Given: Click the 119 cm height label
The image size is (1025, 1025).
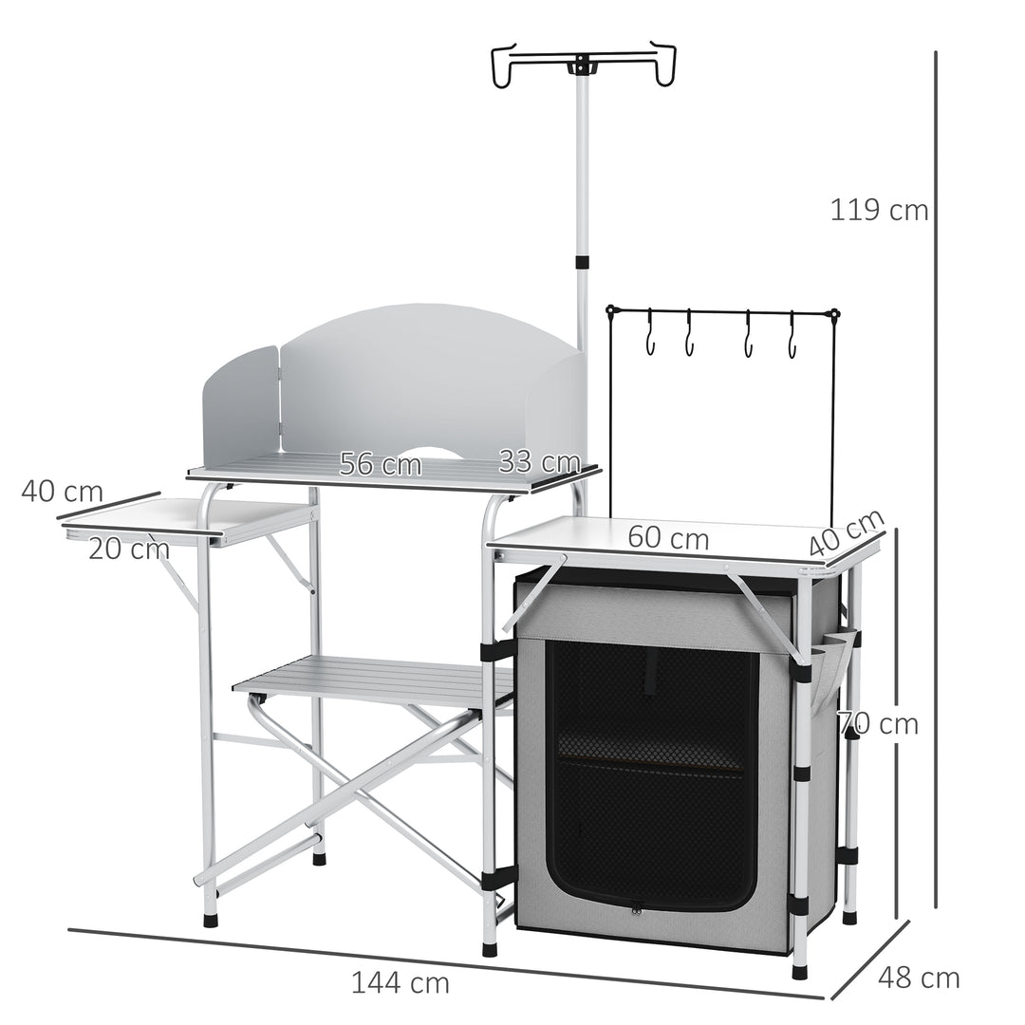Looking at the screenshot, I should pos(879,210).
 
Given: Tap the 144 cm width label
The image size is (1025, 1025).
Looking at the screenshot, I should pos(400,982).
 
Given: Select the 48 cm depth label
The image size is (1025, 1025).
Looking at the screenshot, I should pos(919,977).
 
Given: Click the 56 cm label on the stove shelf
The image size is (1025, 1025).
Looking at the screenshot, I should pos(380,464).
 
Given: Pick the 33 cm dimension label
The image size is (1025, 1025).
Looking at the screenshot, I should pos(539,462).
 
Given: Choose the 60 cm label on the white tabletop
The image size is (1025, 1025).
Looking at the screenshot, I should pos(667,538).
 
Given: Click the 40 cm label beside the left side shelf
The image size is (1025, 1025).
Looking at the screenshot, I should pos(62,493).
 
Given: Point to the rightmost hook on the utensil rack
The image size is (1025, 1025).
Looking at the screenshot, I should pos(792,340).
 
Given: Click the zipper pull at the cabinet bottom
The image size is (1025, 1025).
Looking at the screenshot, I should pos(637,907).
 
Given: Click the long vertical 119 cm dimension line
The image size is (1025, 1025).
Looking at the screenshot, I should pos(937,475).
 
